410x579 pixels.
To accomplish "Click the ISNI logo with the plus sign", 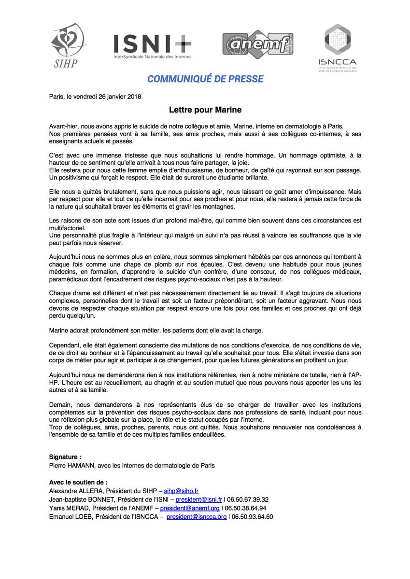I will coord(152,46).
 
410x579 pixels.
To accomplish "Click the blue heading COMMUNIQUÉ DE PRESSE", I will coord(205,79).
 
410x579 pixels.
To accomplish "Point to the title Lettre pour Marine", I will coord(205,110).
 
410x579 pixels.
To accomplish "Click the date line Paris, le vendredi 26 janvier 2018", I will coord(95,96).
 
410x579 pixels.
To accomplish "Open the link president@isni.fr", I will coord(198,499).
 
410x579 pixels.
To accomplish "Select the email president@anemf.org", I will coord(190,508).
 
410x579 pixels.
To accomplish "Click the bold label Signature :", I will coord(66,456).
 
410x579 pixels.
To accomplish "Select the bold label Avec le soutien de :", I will coord(78,482).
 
